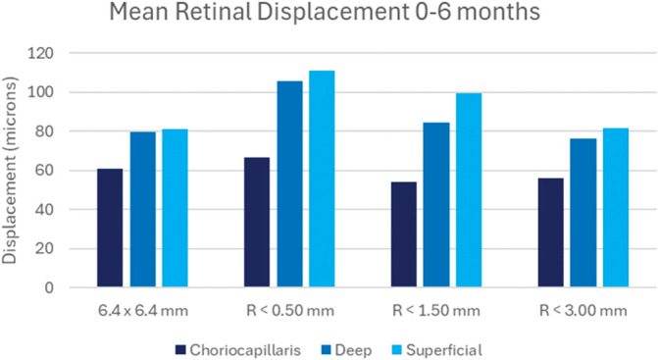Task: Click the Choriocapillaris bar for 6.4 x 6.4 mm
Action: (110, 228)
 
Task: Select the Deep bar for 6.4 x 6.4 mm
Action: (142, 209)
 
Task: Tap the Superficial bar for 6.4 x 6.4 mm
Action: (175, 208)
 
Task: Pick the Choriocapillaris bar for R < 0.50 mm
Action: (257, 223)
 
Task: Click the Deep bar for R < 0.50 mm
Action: (289, 184)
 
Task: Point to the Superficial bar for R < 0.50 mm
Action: (322, 180)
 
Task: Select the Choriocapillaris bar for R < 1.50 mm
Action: (404, 234)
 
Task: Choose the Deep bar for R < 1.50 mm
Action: (436, 205)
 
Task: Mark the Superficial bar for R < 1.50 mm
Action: (469, 190)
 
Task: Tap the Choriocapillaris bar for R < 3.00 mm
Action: (550, 232)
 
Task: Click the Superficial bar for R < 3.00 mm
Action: (616, 208)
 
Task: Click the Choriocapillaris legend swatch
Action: (180, 350)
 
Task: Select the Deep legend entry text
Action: (353, 350)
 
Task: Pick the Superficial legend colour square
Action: (397, 350)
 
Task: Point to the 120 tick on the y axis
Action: (40, 53)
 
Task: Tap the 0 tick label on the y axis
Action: (49, 287)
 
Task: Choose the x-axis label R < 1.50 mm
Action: (436, 311)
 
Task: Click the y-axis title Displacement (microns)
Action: (9, 171)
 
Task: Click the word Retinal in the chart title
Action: (213, 12)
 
